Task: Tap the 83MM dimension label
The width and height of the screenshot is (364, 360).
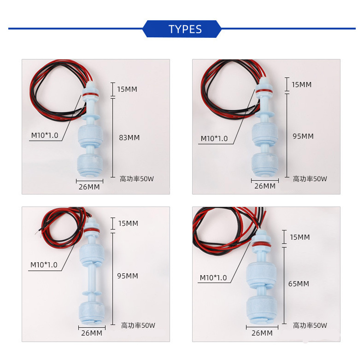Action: click(x=129, y=137)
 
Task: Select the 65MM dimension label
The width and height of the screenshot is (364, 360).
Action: click(x=299, y=283)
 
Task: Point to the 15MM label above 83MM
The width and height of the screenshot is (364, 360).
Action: click(x=127, y=89)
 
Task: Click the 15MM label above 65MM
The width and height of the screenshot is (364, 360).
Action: click(x=299, y=237)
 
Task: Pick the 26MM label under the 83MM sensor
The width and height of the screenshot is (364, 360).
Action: click(x=89, y=187)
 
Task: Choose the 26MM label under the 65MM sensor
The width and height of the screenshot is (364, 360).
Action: click(x=262, y=333)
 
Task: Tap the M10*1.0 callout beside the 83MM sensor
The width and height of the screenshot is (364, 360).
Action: click(x=45, y=135)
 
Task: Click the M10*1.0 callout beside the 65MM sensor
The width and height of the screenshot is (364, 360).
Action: click(x=213, y=277)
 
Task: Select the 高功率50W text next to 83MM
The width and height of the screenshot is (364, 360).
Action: click(x=137, y=179)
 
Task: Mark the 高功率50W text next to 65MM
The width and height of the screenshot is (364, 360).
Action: click(x=310, y=325)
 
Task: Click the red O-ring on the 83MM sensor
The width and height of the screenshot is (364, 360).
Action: click(x=90, y=94)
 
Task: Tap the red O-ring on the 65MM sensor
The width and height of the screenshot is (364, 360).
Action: click(x=261, y=245)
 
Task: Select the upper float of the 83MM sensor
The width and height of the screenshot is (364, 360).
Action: click(x=90, y=136)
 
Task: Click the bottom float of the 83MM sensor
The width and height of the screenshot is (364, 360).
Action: click(x=89, y=165)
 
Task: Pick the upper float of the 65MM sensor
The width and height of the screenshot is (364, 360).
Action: click(x=261, y=275)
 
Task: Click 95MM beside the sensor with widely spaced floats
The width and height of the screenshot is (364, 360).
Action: click(x=128, y=276)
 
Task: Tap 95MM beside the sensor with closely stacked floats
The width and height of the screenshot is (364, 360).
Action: click(x=303, y=136)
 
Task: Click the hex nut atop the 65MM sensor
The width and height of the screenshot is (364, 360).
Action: click(x=261, y=238)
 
